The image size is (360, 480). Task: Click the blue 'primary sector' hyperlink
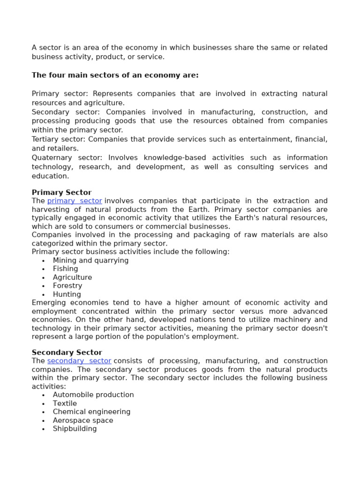pos(75,201)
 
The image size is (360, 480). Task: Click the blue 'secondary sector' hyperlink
pos(79,361)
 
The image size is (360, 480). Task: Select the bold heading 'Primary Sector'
pos(61,192)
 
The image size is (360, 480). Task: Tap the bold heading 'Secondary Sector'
pos(67,352)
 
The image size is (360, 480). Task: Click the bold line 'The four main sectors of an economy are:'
pos(115,75)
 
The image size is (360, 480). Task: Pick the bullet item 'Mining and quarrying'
pos(90,261)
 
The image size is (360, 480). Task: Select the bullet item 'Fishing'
pos(65,269)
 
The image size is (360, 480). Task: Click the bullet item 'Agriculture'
pos(72,277)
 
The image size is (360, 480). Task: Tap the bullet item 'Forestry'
pos(67,286)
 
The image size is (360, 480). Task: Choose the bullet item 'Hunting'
pos(67,294)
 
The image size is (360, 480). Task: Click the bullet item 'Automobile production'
pos(93,395)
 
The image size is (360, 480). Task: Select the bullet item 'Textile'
pos(65,404)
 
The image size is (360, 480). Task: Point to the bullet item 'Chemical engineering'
pos(91,412)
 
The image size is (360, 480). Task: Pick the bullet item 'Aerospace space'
pos(83,420)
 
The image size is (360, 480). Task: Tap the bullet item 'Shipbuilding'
pos(75,429)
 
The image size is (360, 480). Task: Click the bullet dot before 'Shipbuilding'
pos(43,429)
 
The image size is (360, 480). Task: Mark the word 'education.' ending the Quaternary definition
pos(50,176)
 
